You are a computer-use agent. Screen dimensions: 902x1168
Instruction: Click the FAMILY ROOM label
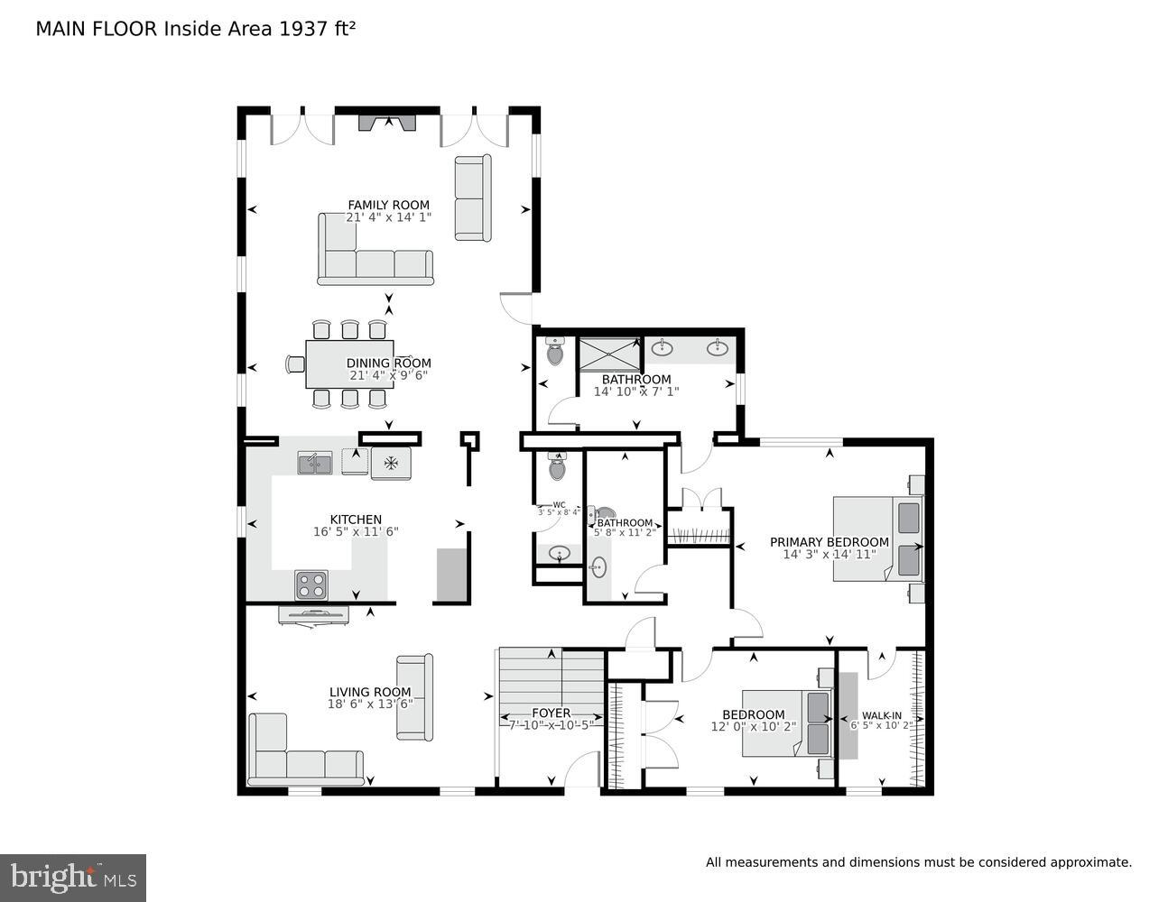pyautogui.click(x=388, y=205)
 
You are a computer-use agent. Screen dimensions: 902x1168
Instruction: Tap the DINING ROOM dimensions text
pyautogui.click(x=388, y=375)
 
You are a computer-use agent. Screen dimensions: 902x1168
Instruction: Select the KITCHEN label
pyautogui.click(x=355, y=520)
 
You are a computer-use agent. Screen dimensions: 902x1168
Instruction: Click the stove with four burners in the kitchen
pyautogui.click(x=311, y=584)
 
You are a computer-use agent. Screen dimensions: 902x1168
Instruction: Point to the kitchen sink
pyautogui.click(x=314, y=463)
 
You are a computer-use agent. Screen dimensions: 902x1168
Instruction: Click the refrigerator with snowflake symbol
pyautogui.click(x=391, y=463)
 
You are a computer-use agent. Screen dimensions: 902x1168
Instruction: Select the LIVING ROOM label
pyautogui.click(x=370, y=692)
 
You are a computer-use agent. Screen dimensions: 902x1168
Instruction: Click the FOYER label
pyautogui.click(x=551, y=713)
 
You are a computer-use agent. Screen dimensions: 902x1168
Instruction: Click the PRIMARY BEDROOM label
pyautogui.click(x=829, y=542)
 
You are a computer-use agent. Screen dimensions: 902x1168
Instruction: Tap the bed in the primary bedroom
pyautogui.click(x=876, y=538)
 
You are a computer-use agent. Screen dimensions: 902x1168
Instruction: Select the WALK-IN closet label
pyautogui.click(x=881, y=715)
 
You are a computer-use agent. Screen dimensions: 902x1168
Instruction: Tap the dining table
pyautogui.click(x=349, y=364)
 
